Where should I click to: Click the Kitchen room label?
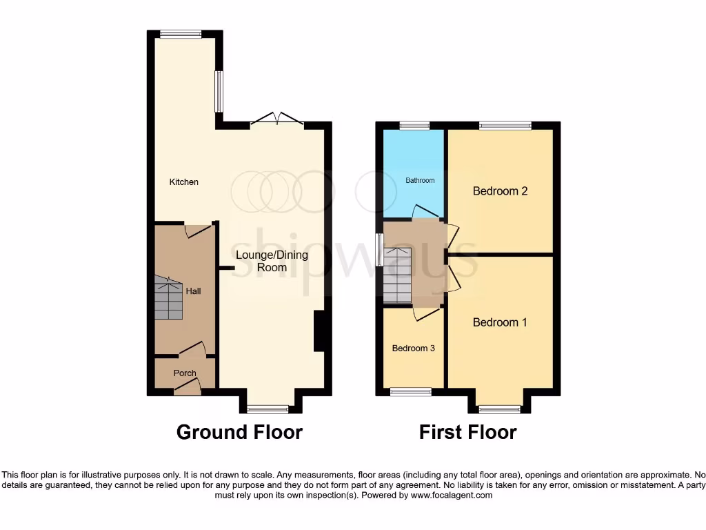tap(184, 182)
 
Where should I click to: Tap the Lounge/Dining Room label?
tap(272, 261)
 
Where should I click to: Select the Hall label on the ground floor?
tap(194, 291)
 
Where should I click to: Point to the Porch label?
tap(185, 373)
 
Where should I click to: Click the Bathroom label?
tap(420, 181)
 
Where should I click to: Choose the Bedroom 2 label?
tap(500, 191)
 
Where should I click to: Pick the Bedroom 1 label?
tap(500, 322)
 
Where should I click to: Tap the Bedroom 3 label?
tap(413, 349)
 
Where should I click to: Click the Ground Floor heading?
tap(239, 433)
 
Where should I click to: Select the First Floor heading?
tap(467, 433)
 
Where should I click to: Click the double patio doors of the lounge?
tap(276, 119)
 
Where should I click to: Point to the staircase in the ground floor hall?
tap(169, 298)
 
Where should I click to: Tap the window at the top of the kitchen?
tap(181, 34)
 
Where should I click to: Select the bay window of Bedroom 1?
tap(500, 409)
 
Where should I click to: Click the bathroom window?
tap(414, 126)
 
